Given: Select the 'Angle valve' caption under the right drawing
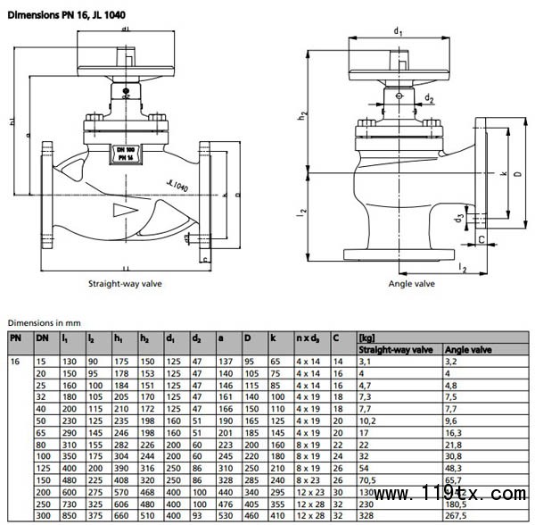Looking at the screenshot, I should (412, 283).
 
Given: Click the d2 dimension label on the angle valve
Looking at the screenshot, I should (430, 97).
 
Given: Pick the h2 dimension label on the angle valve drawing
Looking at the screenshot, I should (304, 113).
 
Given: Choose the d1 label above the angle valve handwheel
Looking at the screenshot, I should (399, 32).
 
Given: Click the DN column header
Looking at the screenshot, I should (41, 337).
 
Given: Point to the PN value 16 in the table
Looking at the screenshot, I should (14, 360).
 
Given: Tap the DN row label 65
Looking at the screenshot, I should (42, 430).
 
